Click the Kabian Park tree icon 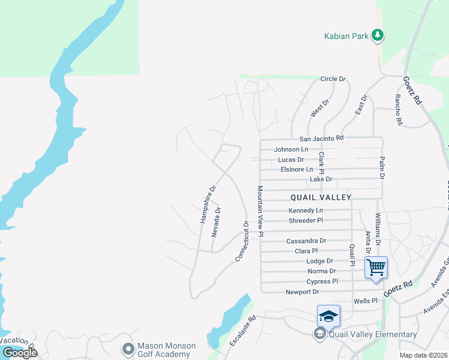(x=377, y=36)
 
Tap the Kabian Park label (x=346, y=37)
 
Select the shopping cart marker (x=376, y=267)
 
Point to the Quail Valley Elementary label (x=372, y=335)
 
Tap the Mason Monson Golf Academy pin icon (x=127, y=348)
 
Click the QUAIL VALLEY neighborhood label (x=321, y=197)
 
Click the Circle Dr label (x=333, y=79)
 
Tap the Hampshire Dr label (x=208, y=205)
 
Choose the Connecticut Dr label (x=242, y=241)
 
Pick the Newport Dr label (x=303, y=292)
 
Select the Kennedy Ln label (x=306, y=211)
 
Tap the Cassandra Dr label (x=306, y=241)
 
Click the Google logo (x=20, y=352)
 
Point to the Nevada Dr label (x=217, y=221)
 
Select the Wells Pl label (x=366, y=301)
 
